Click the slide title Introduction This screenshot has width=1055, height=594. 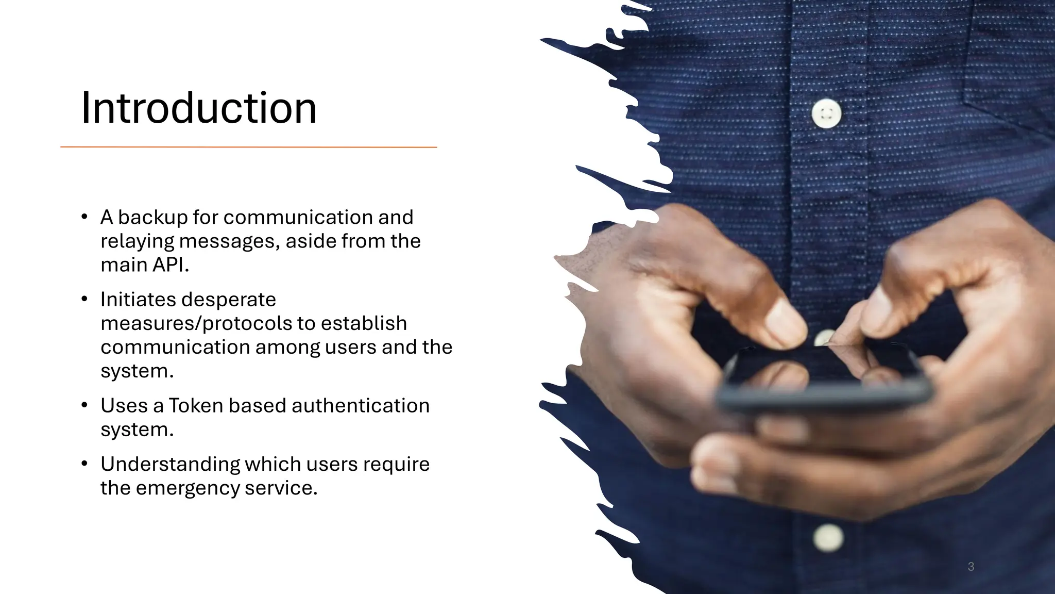(x=199, y=108)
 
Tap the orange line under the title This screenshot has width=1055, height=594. (x=248, y=147)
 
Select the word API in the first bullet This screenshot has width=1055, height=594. (x=170, y=265)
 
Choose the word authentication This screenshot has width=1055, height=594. (x=360, y=406)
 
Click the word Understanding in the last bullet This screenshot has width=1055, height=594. (x=170, y=464)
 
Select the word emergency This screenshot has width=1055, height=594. (x=188, y=488)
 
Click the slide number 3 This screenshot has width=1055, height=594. (x=971, y=567)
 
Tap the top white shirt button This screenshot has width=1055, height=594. (x=826, y=113)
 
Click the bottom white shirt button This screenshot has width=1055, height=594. (x=828, y=538)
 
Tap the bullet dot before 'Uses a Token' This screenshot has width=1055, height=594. (x=84, y=405)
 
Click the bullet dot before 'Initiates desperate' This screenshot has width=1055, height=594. (x=84, y=299)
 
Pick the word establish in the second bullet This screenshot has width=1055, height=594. (x=364, y=323)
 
